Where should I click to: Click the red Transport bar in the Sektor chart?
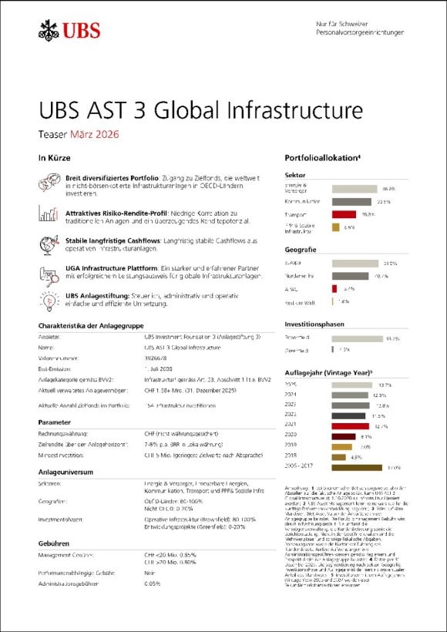[344, 214]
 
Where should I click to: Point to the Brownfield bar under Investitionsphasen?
[357, 338]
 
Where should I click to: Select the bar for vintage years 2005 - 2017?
[356, 467]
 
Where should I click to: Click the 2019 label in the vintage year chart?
[291, 446]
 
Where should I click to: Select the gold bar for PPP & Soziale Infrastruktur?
[335, 227]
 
